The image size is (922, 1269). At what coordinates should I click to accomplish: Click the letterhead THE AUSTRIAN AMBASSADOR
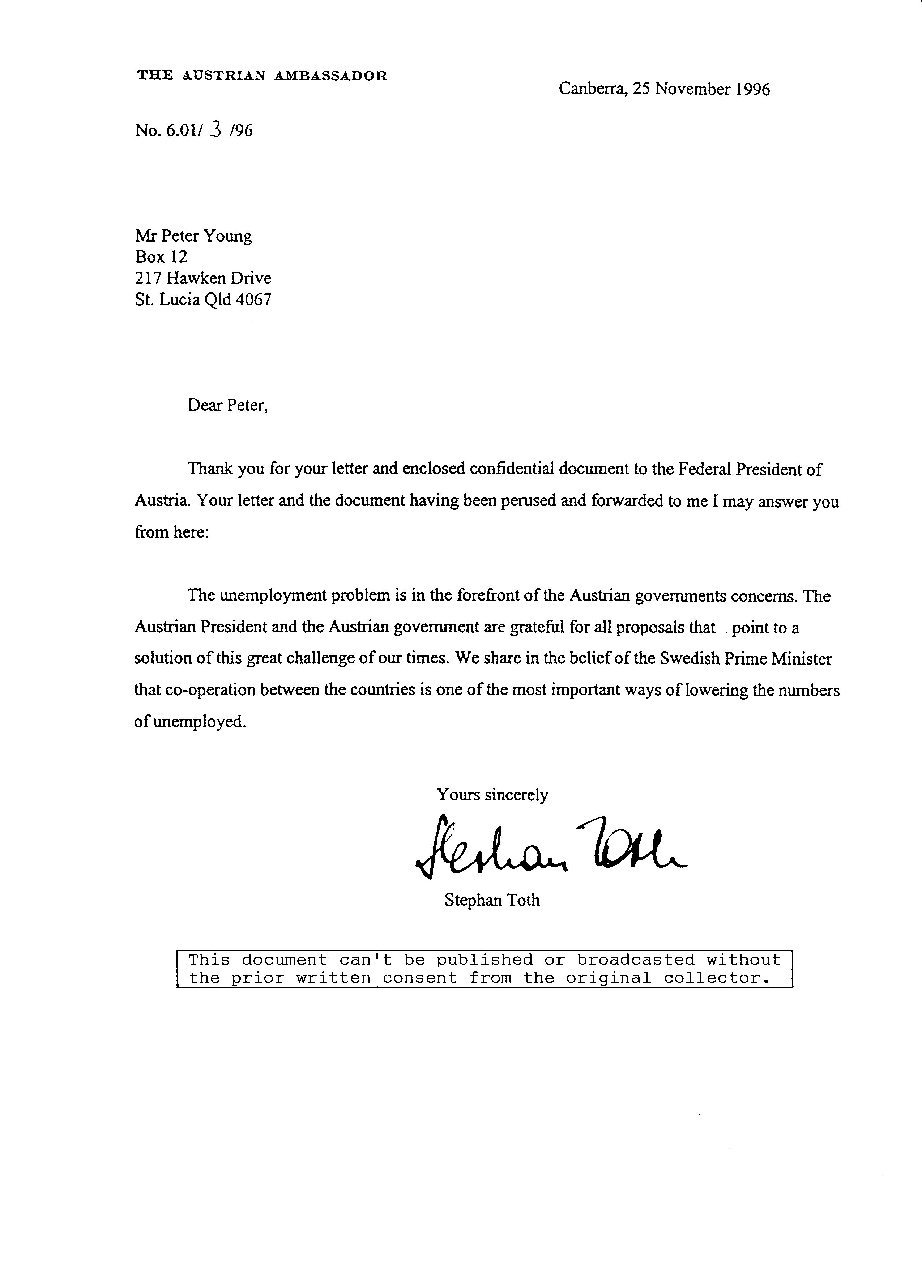pos(262,76)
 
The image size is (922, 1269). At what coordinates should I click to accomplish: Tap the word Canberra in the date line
pos(592,89)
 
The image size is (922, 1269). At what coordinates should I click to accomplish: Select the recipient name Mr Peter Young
pos(193,236)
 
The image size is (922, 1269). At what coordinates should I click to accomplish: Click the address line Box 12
pos(161,257)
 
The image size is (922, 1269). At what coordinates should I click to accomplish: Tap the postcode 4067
pos(253,300)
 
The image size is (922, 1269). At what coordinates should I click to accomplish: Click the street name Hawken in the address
pos(197,278)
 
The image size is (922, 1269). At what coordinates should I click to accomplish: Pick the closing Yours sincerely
pos(492,795)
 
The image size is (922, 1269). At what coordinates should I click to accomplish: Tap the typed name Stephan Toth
pos(492,900)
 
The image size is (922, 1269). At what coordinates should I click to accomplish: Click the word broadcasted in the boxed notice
pos(636,960)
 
